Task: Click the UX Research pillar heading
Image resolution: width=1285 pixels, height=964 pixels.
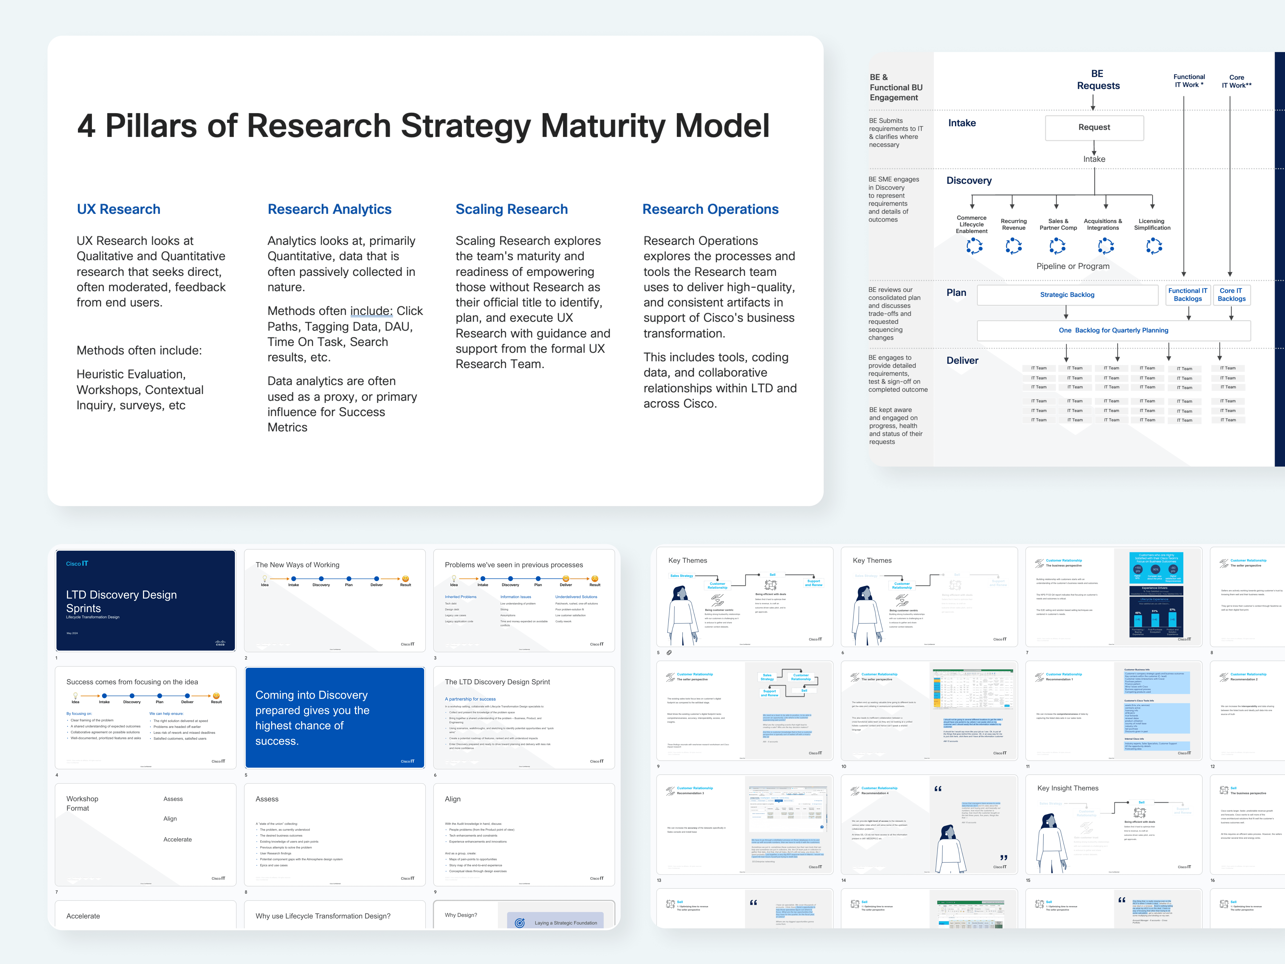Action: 119,209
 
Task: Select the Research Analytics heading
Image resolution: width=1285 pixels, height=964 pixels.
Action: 329,209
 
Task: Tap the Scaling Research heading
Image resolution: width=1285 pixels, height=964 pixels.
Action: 511,209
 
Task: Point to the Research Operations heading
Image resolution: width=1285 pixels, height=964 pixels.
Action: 710,209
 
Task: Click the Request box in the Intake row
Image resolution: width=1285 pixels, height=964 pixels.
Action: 1094,127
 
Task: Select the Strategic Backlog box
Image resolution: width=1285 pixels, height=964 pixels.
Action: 1067,295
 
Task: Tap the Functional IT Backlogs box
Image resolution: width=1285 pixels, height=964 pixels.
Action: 1187,295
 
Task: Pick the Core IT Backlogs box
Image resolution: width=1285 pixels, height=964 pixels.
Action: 1231,295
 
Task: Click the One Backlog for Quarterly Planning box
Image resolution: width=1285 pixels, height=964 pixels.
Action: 1113,330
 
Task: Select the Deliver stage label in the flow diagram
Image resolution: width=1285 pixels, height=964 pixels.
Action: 962,360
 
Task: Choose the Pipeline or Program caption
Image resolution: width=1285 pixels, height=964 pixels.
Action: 1072,266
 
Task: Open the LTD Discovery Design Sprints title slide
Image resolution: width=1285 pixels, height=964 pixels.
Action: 145,600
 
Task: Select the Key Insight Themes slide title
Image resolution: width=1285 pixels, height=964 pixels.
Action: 1068,788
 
